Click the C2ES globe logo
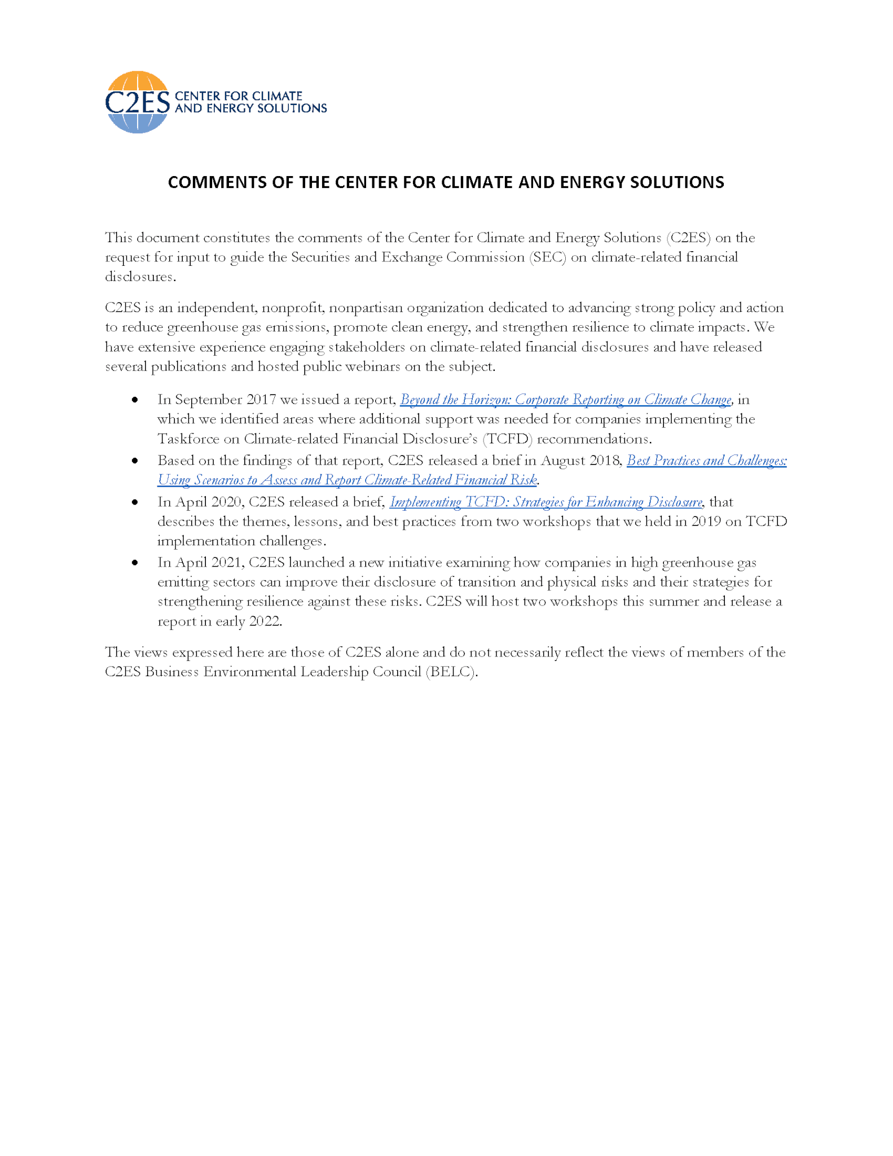click(x=137, y=102)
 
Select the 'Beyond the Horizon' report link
click(x=565, y=400)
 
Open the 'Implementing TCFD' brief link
click(x=546, y=502)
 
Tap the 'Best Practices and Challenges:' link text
click(x=706, y=461)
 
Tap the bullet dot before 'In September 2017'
click(x=135, y=400)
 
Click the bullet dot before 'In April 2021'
click(x=135, y=563)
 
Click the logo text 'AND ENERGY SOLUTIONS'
click(x=250, y=108)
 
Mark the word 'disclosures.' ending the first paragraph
click(x=140, y=277)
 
